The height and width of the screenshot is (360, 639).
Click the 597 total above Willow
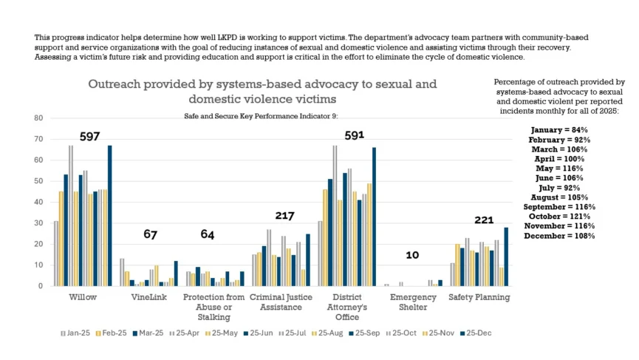point(90,137)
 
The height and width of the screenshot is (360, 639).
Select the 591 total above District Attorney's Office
point(350,135)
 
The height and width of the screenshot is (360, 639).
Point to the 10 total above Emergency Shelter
point(412,255)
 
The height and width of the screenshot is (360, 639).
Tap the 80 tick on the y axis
point(38,118)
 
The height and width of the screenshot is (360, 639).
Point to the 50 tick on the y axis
point(38,181)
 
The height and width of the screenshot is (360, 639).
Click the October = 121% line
point(558,215)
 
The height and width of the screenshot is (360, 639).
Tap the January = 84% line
point(558,129)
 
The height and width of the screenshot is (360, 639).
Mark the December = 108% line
point(558,234)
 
